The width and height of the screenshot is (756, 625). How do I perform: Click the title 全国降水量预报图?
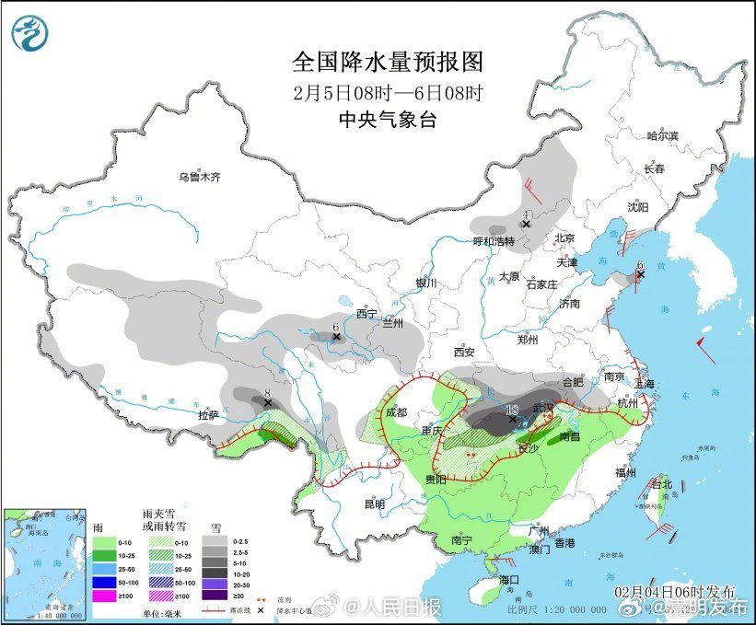tap(387, 62)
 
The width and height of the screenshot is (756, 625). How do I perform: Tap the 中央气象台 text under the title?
tap(387, 119)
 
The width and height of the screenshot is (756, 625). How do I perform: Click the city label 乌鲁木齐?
tap(200, 177)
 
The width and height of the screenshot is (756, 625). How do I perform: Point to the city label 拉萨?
tap(208, 416)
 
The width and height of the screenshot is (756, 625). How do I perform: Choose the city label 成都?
tap(397, 412)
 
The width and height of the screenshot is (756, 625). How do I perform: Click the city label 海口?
tap(510, 579)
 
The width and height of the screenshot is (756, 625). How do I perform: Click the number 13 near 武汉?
tap(513, 409)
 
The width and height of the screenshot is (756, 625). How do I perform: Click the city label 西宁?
tap(366, 314)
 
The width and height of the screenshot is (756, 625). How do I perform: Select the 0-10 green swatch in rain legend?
tap(103, 542)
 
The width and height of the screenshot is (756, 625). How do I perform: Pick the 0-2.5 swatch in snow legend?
tap(218, 542)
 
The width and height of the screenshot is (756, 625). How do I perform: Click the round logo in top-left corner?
tap(29, 34)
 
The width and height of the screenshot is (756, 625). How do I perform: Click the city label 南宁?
tap(461, 541)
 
